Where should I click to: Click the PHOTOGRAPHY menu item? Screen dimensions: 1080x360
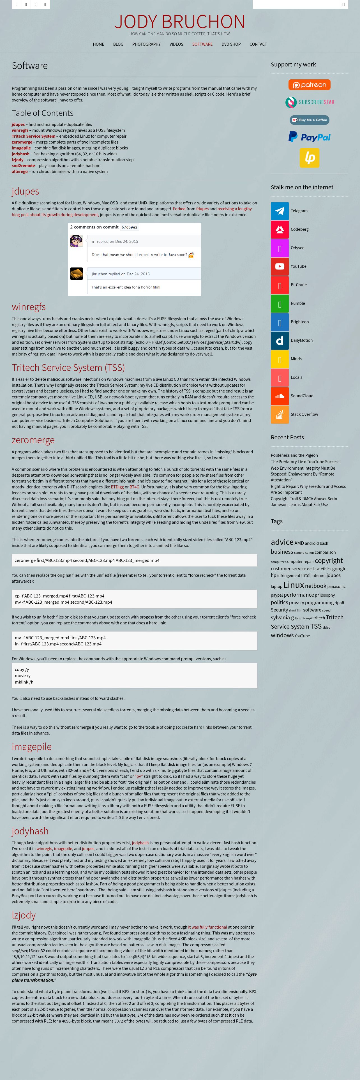click(x=146, y=44)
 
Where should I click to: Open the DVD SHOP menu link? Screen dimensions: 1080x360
click(x=231, y=44)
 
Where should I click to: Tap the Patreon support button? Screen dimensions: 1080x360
click(x=309, y=85)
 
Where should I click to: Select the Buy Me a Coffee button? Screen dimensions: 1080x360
click(x=309, y=120)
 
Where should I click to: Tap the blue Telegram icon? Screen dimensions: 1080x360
click(x=280, y=211)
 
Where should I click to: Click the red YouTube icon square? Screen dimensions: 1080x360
click(x=280, y=267)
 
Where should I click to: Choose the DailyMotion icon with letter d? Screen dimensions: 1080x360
click(x=280, y=340)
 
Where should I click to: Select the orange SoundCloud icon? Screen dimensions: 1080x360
click(x=280, y=396)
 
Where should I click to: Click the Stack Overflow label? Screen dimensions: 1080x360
click(x=304, y=414)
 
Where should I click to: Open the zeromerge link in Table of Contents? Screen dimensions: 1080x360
click(x=22, y=142)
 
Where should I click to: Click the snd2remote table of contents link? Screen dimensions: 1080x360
click(x=23, y=166)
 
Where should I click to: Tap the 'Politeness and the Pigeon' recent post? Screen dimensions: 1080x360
click(x=294, y=455)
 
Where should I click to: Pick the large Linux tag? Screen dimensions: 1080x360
click(x=293, y=585)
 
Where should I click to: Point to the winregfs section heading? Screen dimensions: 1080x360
click(x=29, y=307)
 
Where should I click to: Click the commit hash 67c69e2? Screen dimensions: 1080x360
click(x=130, y=227)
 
